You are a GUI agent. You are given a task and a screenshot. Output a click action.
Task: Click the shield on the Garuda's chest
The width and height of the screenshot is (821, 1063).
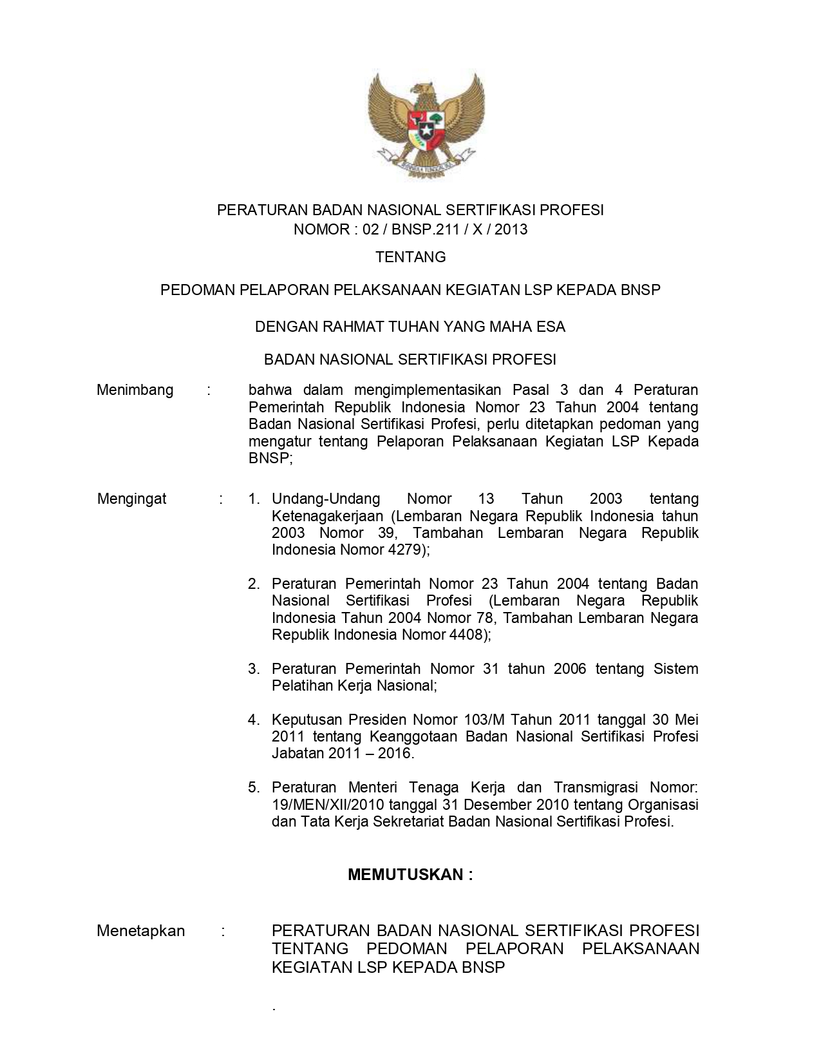pyautogui.click(x=426, y=126)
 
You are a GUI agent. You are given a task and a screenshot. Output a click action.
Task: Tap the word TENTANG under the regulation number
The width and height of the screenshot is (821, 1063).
pyautogui.click(x=411, y=257)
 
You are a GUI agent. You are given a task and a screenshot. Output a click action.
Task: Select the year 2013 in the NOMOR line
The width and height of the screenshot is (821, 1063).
pyautogui.click(x=511, y=229)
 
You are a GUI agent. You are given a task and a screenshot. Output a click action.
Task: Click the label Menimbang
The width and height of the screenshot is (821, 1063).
pyautogui.click(x=135, y=390)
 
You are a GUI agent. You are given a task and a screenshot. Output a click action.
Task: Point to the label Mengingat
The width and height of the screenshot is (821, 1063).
pyautogui.click(x=131, y=499)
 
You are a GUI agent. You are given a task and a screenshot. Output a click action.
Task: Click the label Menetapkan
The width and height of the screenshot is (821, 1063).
pyautogui.click(x=140, y=931)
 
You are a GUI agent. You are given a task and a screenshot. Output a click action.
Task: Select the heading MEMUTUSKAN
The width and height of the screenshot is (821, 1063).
pyautogui.click(x=410, y=874)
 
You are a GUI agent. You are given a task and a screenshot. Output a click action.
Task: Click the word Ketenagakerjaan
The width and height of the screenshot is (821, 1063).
pyautogui.click(x=328, y=516)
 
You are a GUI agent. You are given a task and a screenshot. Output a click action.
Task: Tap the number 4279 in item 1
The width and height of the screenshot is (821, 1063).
pyautogui.click(x=404, y=550)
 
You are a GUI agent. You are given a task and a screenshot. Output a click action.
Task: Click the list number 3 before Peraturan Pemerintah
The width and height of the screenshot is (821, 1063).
pyautogui.click(x=254, y=669)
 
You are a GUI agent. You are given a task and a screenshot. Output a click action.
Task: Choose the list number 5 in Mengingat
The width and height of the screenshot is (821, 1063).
pyautogui.click(x=254, y=787)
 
